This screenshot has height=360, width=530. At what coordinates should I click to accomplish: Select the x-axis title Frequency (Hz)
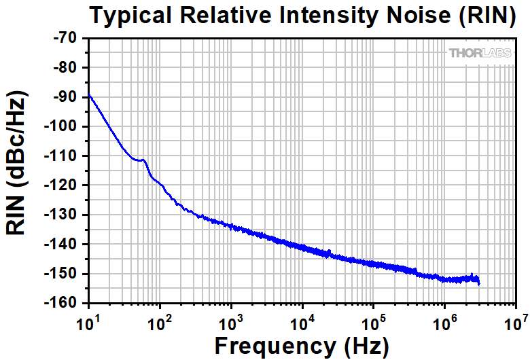302,345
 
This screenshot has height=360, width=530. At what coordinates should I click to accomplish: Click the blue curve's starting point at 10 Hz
89,94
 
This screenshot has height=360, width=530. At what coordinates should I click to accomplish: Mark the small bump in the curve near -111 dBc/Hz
142,160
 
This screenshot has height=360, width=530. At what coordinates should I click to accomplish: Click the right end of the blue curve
479,282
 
